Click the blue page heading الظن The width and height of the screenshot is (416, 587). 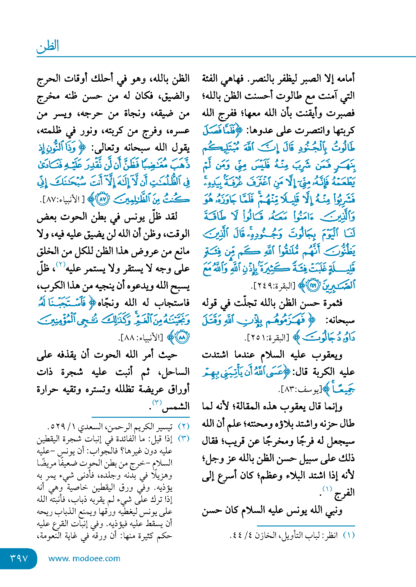pos(48,47)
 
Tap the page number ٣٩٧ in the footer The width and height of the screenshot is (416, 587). pos(19,558)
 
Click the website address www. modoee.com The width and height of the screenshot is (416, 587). pos(84,558)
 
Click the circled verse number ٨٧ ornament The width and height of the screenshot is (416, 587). pos(103,199)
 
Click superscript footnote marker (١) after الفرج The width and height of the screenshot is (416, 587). pos(327,489)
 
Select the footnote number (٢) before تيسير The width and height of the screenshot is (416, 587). pos(184,426)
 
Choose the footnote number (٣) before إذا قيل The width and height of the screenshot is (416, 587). pos(184,439)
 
